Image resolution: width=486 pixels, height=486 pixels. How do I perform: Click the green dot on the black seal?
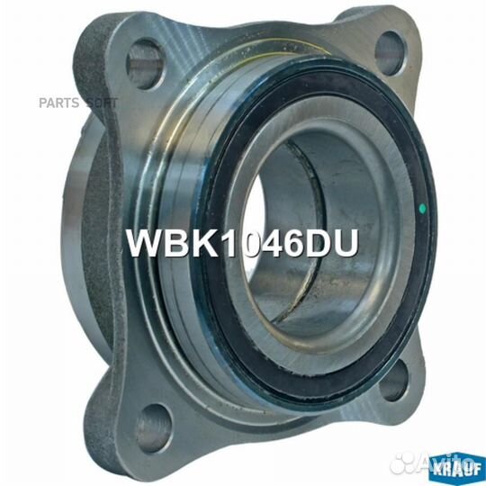coord(422,208)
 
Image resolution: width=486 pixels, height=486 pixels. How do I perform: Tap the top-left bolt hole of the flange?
coord(144,64)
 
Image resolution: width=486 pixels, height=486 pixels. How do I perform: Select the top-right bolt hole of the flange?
coord(391,53)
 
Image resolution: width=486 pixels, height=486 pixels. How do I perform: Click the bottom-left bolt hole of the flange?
coord(153,428)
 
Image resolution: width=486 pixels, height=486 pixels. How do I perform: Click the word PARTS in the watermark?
coord(58,103)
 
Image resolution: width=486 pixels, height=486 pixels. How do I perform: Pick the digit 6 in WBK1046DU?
coord(288,244)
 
